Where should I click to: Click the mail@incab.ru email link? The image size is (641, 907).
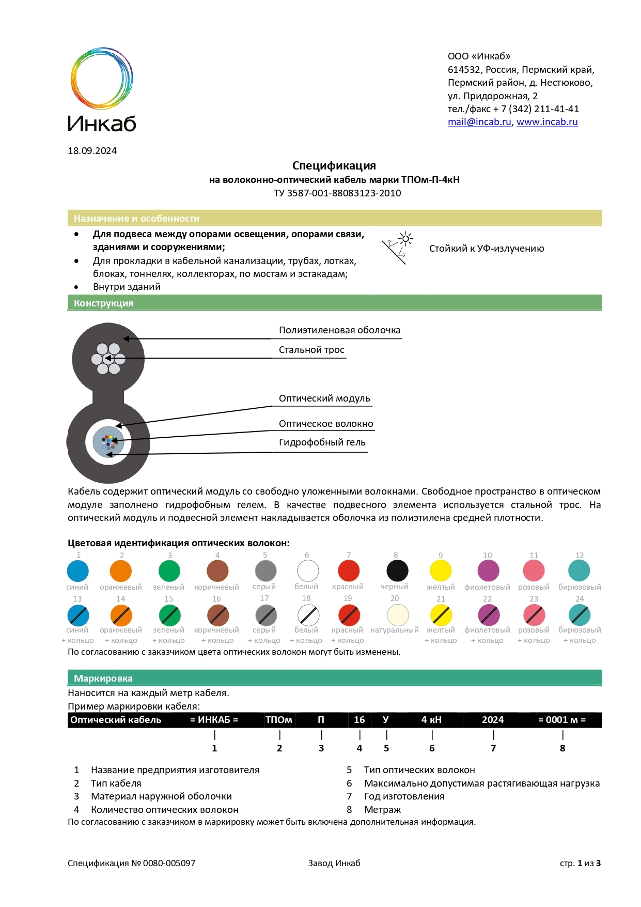click(x=479, y=122)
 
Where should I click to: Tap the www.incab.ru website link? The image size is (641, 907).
click(x=547, y=122)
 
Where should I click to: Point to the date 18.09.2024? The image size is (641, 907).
click(x=92, y=151)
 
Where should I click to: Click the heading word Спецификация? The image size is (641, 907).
click(x=334, y=166)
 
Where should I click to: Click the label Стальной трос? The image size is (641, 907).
click(x=311, y=350)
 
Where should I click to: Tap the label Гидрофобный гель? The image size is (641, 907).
click(x=322, y=442)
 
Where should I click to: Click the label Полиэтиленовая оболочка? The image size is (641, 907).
click(x=339, y=330)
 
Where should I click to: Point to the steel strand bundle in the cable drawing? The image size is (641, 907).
click(x=108, y=359)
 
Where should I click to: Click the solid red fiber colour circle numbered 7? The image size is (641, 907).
click(x=349, y=571)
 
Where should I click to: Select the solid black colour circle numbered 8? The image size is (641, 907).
click(x=397, y=571)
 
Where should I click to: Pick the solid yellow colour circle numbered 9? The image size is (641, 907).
click(x=441, y=571)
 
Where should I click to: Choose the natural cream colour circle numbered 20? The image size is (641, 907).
click(x=398, y=615)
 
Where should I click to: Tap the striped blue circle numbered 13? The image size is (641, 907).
click(x=78, y=616)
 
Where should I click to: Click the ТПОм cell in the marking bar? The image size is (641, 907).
click(x=279, y=720)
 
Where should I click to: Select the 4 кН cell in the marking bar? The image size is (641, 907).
click(x=431, y=720)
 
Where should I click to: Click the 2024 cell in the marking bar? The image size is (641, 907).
click(x=493, y=720)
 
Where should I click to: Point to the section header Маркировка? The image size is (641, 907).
click(x=103, y=679)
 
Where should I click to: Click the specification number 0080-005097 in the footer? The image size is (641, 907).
click(x=169, y=863)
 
